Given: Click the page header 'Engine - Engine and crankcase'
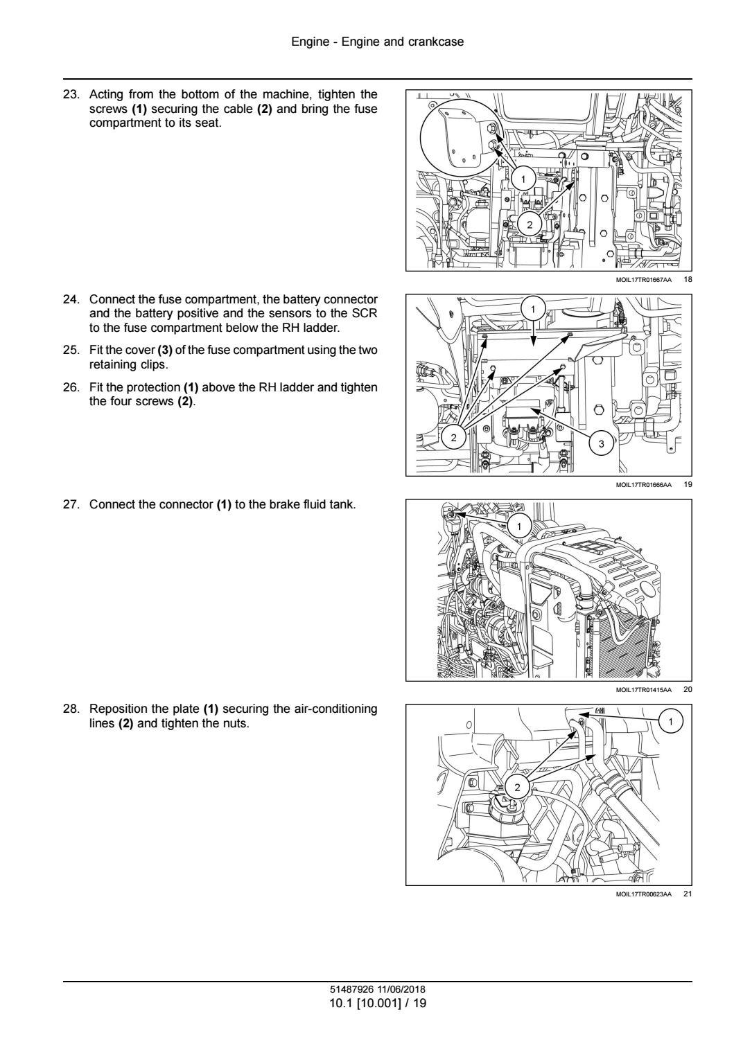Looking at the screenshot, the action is [x=377, y=42].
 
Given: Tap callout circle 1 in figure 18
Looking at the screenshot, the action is [x=524, y=179].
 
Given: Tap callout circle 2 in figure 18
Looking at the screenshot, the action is [x=530, y=224].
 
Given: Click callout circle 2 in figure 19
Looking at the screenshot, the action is [x=454, y=438].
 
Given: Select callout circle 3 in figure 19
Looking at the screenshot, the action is [x=601, y=443].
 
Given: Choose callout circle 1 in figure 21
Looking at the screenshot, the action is [x=670, y=722].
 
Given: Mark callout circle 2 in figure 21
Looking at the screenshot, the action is [x=517, y=786].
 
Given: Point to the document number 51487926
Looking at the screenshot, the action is [x=351, y=989].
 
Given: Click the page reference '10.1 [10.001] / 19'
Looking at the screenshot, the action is [x=377, y=1002].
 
